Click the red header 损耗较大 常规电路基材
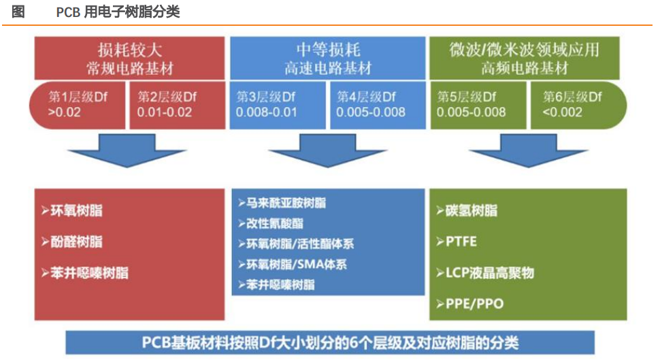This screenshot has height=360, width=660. pyautogui.click(x=130, y=58)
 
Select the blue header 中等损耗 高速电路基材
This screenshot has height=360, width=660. pyautogui.click(x=328, y=58)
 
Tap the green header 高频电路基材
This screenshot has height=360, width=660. pyautogui.click(x=525, y=58)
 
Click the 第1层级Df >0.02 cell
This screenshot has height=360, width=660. pyautogui.click(x=77, y=105)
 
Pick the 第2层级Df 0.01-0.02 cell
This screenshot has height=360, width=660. pyautogui.click(x=177, y=105)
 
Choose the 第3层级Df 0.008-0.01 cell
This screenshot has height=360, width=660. pyautogui.click(x=278, y=105)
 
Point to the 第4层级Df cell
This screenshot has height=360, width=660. pyautogui.click(x=378, y=105)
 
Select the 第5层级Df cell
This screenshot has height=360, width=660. pyautogui.click(x=478, y=105)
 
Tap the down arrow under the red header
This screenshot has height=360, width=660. pyautogui.click(x=127, y=150)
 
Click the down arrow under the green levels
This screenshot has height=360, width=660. pyautogui.click(x=529, y=150)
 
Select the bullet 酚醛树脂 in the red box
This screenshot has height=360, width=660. pyautogui.click(x=72, y=242)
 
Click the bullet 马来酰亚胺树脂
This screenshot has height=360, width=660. pyautogui.click(x=282, y=203)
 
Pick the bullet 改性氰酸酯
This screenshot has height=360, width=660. pyautogui.click(x=271, y=223)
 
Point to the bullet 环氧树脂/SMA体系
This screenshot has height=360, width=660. pyautogui.click(x=293, y=265)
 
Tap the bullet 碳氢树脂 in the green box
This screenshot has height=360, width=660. pyautogui.click(x=467, y=210)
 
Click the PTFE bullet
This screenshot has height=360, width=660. pyautogui.click(x=457, y=242)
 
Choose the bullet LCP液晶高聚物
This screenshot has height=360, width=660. pyautogui.click(x=485, y=273)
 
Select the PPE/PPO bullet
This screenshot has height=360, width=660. pyautogui.click(x=469, y=304)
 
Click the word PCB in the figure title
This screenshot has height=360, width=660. pyautogui.click(x=68, y=12)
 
